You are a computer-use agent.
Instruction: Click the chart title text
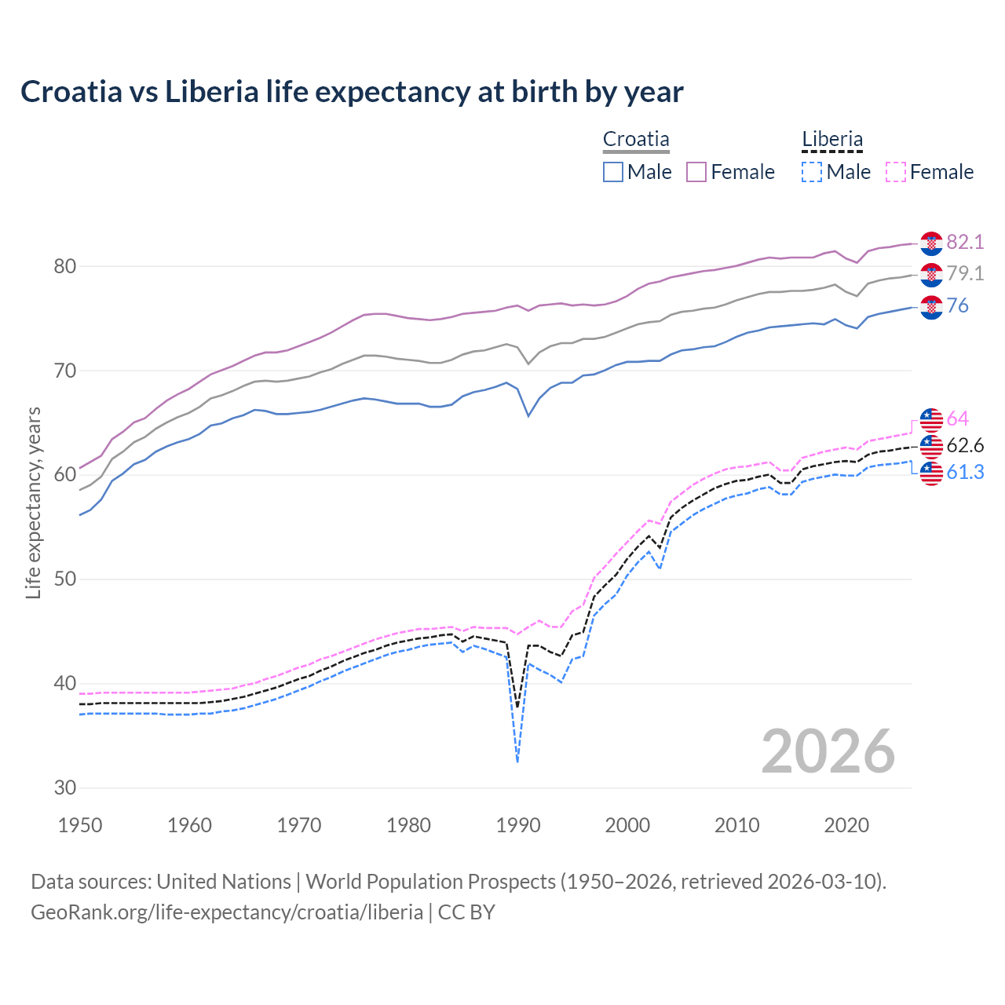(352, 92)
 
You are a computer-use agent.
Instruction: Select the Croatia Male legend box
(613, 172)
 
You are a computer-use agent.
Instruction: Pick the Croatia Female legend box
(696, 172)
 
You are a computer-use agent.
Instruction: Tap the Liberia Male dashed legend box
(812, 172)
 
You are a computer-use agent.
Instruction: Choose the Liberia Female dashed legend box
(895, 172)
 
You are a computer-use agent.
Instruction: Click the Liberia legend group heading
(831, 140)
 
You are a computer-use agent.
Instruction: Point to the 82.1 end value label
(965, 242)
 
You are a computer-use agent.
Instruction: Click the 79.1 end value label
(965, 273)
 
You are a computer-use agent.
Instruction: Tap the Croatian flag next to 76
(931, 307)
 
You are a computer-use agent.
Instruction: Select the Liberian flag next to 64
(931, 420)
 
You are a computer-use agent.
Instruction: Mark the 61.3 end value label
(965, 473)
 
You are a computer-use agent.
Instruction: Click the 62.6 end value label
(965, 446)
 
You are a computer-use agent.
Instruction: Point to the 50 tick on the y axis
(64, 579)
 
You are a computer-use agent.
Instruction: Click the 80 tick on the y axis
(64, 267)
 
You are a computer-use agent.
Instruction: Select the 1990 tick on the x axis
(518, 825)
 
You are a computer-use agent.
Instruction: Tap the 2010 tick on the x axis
(736, 825)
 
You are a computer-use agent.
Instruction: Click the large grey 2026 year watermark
(828, 751)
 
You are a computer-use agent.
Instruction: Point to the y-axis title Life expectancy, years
(34, 502)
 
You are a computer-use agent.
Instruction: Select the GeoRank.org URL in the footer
(227, 912)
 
